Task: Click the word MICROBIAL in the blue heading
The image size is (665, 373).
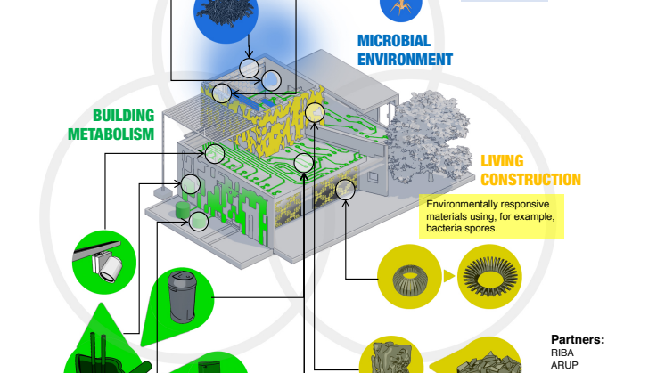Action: click(x=394, y=41)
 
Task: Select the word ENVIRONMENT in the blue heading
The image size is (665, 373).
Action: click(x=405, y=60)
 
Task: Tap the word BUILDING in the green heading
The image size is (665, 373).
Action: click(x=124, y=116)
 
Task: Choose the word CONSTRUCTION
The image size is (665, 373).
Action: click(x=530, y=180)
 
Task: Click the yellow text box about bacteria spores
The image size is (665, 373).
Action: click(x=493, y=216)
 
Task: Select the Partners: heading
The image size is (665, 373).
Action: click(x=578, y=339)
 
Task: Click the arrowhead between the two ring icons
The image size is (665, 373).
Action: click(x=447, y=274)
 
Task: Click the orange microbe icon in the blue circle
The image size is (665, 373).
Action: click(x=397, y=7)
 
